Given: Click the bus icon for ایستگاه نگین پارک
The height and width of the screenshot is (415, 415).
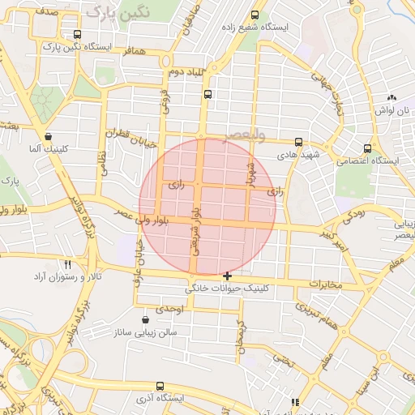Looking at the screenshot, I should tap(77, 34).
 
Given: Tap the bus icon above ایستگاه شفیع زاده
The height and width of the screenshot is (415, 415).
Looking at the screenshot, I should tap(256, 15).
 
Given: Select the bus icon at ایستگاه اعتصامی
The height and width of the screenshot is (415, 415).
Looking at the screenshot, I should tap(368, 148).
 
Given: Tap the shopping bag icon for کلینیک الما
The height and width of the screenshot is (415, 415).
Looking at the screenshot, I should tap(50, 137).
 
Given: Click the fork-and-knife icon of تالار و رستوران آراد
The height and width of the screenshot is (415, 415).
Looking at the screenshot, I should tap(68, 264).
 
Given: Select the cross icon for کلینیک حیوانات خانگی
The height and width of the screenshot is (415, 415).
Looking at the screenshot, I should tap(227, 276).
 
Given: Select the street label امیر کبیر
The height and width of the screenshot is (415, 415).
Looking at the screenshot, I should tap(336, 238).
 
